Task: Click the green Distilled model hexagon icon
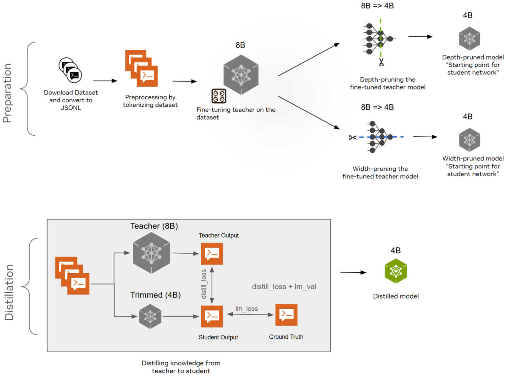point(396,271)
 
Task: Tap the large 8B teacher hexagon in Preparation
point(241,75)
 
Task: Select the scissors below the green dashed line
point(381,62)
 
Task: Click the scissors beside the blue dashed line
point(353,137)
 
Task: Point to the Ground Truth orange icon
point(286,315)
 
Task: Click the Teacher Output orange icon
point(212,254)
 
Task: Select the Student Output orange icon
point(212,316)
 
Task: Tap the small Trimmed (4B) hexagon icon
point(150,316)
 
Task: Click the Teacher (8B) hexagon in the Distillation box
point(151,253)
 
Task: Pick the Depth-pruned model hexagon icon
point(469,39)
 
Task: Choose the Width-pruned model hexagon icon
point(469,140)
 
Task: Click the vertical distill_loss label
point(204,284)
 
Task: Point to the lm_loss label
point(247,309)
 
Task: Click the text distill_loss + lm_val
point(284,287)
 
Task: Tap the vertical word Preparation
point(7,93)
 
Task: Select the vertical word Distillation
point(9,292)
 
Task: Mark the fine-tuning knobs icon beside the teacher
point(219,96)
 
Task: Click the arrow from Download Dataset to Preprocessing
point(105,81)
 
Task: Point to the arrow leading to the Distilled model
point(353,272)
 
